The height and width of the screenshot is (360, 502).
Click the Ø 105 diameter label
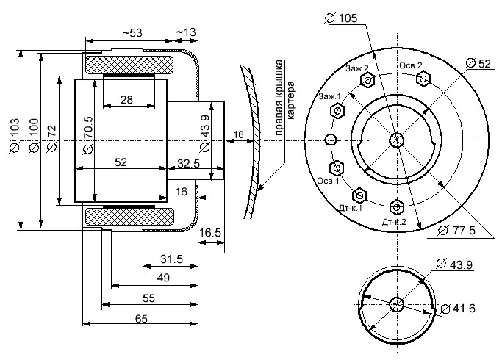point(340,18)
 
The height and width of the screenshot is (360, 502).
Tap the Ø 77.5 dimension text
point(456,230)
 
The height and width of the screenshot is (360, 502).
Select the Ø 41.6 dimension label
point(458,309)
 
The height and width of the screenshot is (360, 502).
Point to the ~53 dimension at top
point(132,32)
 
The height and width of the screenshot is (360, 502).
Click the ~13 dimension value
point(186,32)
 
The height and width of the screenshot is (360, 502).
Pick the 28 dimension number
point(126,100)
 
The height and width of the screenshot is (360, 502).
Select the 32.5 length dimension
point(188,164)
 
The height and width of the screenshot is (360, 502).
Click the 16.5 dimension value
point(210,233)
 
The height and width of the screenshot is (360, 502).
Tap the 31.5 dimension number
point(171,259)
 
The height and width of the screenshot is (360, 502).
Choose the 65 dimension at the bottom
point(141,319)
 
